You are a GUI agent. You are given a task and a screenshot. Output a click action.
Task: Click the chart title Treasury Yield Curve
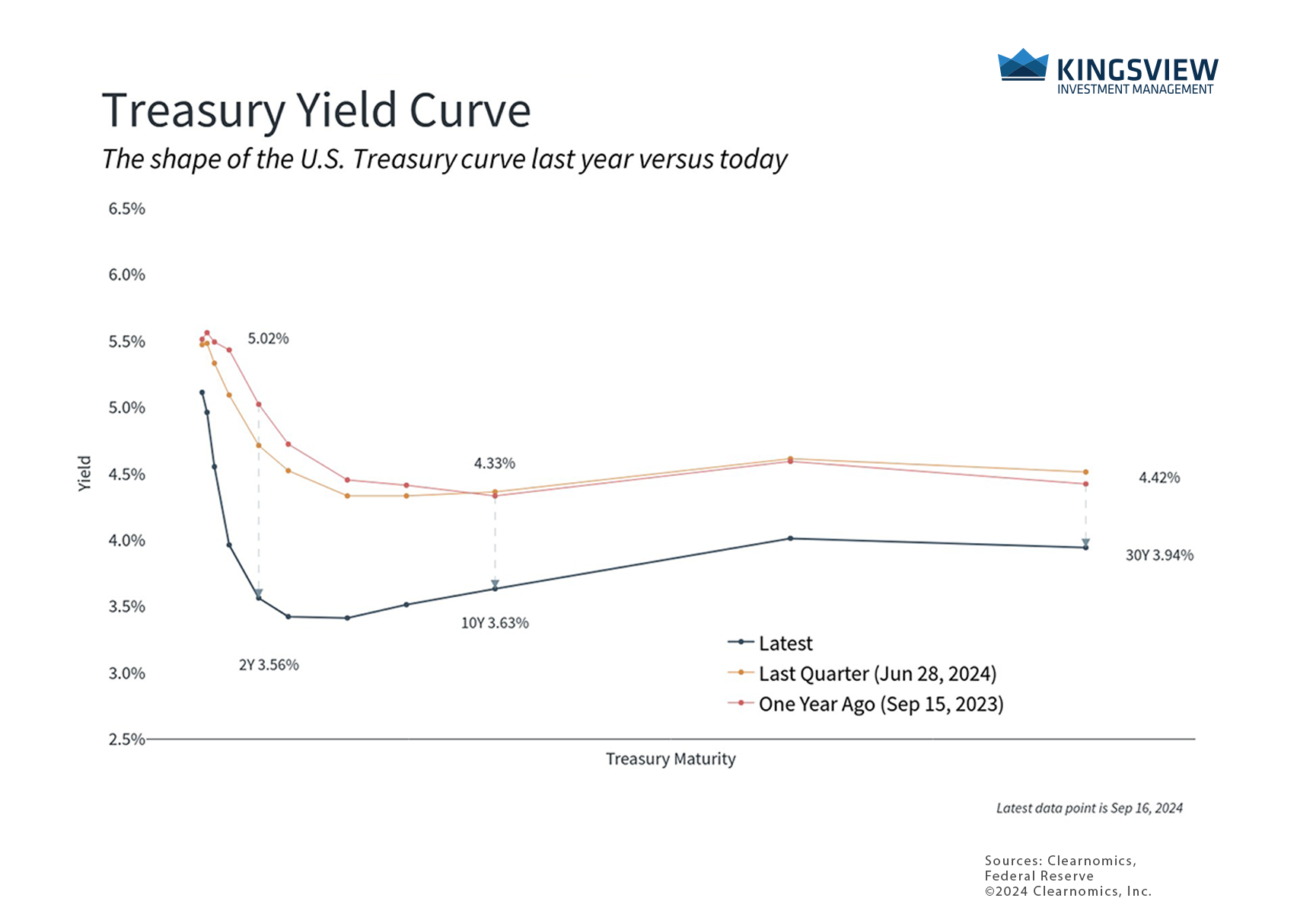(316, 110)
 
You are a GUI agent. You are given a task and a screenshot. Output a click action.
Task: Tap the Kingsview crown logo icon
(1022, 65)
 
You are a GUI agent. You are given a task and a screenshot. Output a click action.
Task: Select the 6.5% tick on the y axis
(126, 209)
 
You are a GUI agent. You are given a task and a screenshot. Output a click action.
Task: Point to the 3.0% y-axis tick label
(126, 673)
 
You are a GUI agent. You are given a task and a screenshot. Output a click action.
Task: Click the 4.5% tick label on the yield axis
(126, 475)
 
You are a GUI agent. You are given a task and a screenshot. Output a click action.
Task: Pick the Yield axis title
(84, 473)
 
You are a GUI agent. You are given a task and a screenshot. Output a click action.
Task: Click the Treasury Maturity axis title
(671, 759)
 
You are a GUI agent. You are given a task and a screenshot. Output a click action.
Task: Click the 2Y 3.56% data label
(269, 665)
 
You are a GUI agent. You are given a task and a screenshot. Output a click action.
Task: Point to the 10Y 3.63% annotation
(495, 623)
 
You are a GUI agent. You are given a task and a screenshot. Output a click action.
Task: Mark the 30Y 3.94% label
(1159, 555)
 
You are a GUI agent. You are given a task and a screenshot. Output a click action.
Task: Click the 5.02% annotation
(268, 339)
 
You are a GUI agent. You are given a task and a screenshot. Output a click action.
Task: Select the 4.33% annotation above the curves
(495, 463)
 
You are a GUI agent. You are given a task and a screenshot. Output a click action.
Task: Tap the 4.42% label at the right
(1159, 478)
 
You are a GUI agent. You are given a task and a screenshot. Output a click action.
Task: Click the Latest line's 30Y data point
(1085, 548)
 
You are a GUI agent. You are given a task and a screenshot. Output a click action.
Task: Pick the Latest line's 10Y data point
(495, 589)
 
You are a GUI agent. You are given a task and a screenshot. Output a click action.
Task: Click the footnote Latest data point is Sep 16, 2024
(1089, 808)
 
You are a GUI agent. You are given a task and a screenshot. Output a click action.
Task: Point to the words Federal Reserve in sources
(1039, 876)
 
